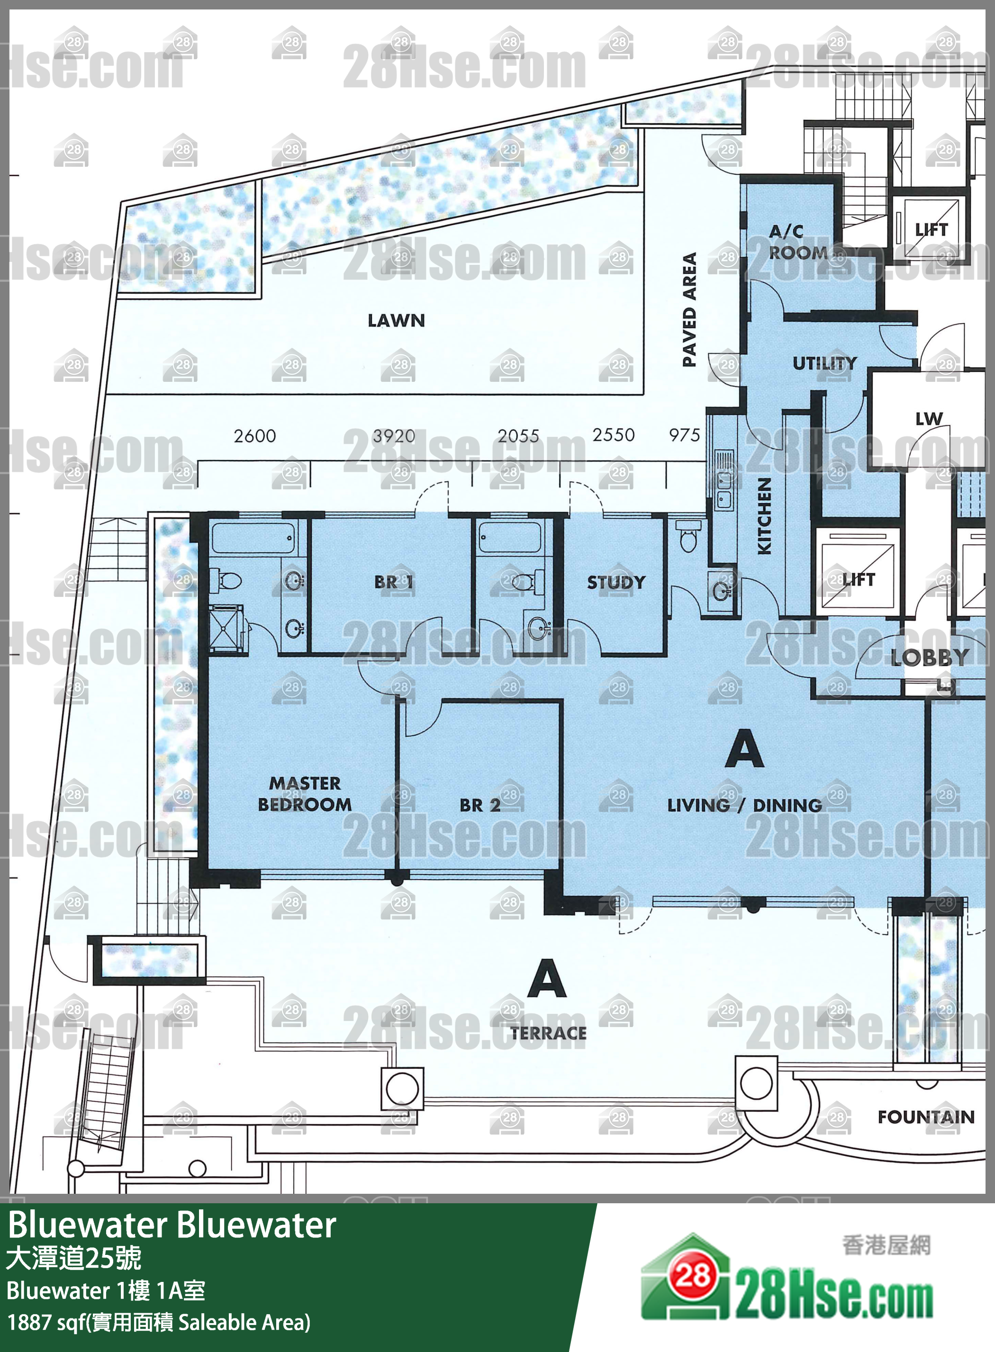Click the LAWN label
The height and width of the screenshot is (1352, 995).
pyautogui.click(x=396, y=320)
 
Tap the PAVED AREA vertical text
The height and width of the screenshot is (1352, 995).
pyautogui.click(x=689, y=309)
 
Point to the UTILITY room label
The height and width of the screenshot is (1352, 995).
pyautogui.click(x=824, y=363)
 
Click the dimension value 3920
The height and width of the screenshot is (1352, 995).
pyautogui.click(x=393, y=435)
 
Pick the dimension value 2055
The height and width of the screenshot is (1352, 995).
pyautogui.click(x=518, y=435)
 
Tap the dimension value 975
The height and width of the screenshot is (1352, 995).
pyautogui.click(x=684, y=435)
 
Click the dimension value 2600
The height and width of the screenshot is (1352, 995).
pyautogui.click(x=255, y=435)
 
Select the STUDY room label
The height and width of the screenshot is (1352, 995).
pyautogui.click(x=615, y=582)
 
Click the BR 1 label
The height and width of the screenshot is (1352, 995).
pyautogui.click(x=393, y=582)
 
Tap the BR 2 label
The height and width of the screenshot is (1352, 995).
pyautogui.click(x=479, y=805)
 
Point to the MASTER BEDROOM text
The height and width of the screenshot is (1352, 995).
pyautogui.click(x=305, y=794)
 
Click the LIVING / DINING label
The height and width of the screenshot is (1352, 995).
pyautogui.click(x=744, y=805)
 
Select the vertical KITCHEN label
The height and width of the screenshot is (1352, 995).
pyautogui.click(x=764, y=516)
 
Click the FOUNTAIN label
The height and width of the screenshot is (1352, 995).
pyautogui.click(x=926, y=1117)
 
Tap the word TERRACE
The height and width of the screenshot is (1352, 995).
pyautogui.click(x=548, y=1033)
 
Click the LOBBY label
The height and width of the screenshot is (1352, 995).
pyautogui.click(x=929, y=658)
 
